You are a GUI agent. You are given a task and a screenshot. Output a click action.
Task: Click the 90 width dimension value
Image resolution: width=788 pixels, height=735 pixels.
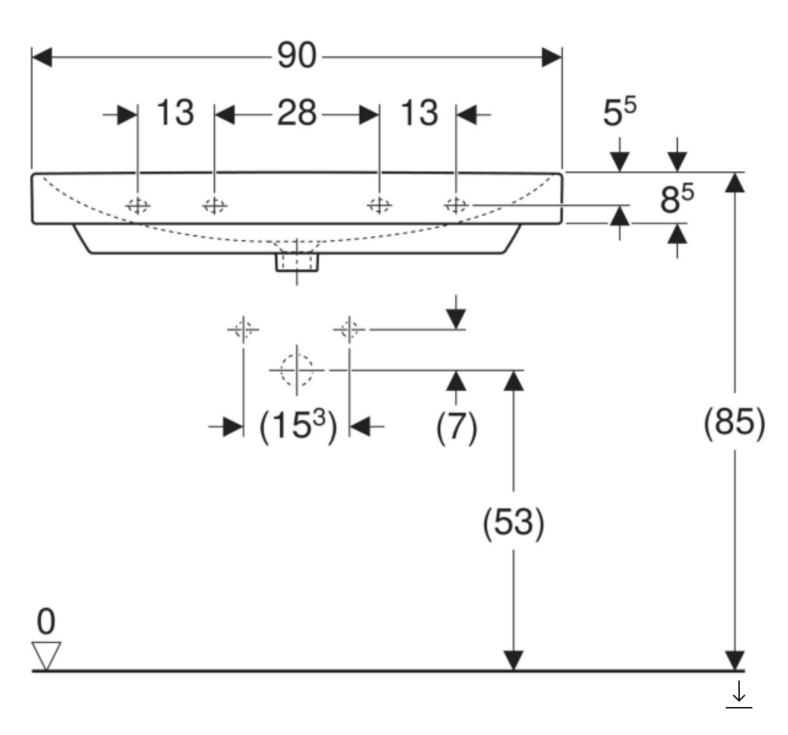pyautogui.click(x=296, y=57)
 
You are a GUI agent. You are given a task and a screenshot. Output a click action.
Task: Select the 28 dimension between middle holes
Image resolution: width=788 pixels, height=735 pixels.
pyautogui.click(x=296, y=112)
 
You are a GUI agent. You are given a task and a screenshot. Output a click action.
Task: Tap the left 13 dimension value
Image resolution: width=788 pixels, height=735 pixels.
pyautogui.click(x=174, y=112)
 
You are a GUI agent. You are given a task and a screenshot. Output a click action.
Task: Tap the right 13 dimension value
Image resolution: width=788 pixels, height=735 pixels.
pyautogui.click(x=419, y=112)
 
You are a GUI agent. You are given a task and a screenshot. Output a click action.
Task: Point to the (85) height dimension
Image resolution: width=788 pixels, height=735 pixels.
pyautogui.click(x=734, y=423)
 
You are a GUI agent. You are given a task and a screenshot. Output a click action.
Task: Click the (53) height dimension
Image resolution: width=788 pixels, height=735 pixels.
pyautogui.click(x=513, y=523)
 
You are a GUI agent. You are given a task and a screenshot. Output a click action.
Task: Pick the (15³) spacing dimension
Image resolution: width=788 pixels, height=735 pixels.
pyautogui.click(x=298, y=426)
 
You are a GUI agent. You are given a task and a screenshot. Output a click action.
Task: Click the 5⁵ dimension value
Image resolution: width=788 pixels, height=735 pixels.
pyautogui.click(x=621, y=112)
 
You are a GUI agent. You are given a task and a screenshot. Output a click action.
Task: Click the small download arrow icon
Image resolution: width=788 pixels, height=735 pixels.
pyautogui.click(x=739, y=695)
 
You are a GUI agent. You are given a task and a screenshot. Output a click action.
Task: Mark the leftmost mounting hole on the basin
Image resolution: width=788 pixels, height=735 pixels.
pyautogui.click(x=138, y=205)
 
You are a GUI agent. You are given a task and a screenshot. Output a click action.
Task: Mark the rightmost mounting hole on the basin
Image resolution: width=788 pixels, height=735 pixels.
pyautogui.click(x=455, y=205)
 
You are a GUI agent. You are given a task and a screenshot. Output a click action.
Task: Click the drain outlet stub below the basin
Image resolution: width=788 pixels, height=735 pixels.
pyautogui.click(x=297, y=262)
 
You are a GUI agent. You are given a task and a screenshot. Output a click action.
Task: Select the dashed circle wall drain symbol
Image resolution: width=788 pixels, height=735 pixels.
pyautogui.click(x=297, y=370)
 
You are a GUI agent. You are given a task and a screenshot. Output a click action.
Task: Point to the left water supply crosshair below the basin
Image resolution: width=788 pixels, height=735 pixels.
pyautogui.click(x=242, y=328)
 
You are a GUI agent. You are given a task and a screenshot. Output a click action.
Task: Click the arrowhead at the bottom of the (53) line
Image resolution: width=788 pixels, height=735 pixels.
pyautogui.click(x=513, y=660)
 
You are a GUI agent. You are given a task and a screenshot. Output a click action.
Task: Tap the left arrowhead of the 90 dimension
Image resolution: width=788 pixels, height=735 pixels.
pyautogui.click(x=42, y=57)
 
